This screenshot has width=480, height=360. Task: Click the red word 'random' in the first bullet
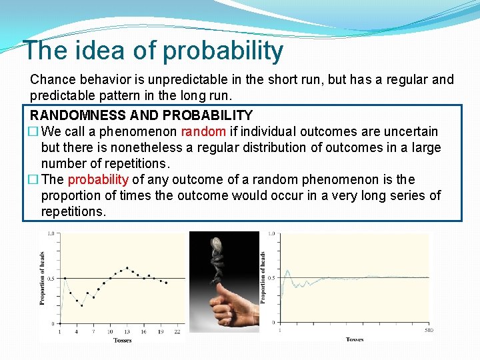[203, 131]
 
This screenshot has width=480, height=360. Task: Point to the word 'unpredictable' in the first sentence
[170, 79]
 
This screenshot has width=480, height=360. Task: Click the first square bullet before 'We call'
[34, 131]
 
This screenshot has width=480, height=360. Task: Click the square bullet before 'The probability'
[34, 179]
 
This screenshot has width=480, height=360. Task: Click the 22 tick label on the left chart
[177, 331]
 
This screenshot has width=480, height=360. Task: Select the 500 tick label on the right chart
[428, 330]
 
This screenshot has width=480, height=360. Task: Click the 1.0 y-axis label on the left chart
[51, 234]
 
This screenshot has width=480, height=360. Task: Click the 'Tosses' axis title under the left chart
[122, 340]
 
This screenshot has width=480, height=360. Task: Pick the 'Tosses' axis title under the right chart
[355, 339]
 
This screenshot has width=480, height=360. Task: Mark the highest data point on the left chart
[127, 267]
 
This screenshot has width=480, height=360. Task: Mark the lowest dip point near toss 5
[82, 305]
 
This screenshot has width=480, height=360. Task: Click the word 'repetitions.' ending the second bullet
[73, 211]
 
